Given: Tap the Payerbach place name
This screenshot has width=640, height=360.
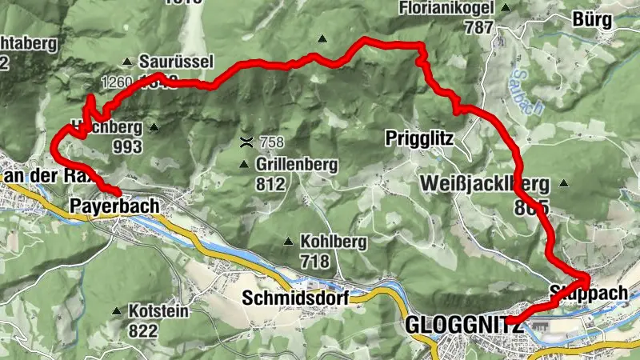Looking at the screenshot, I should [x=114, y=206].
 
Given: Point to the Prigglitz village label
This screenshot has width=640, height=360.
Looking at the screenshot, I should [x=418, y=138].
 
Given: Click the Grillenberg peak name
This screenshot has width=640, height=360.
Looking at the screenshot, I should [x=298, y=165].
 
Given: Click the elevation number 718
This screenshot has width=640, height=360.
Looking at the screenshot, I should [x=315, y=261].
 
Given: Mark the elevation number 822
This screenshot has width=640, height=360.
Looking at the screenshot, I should [x=144, y=330].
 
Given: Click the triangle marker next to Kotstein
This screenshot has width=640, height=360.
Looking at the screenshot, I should [x=118, y=310].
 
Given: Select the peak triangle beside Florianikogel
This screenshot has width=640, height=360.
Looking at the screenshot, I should [x=505, y=8].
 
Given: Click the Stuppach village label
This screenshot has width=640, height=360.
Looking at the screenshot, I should [x=589, y=294].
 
